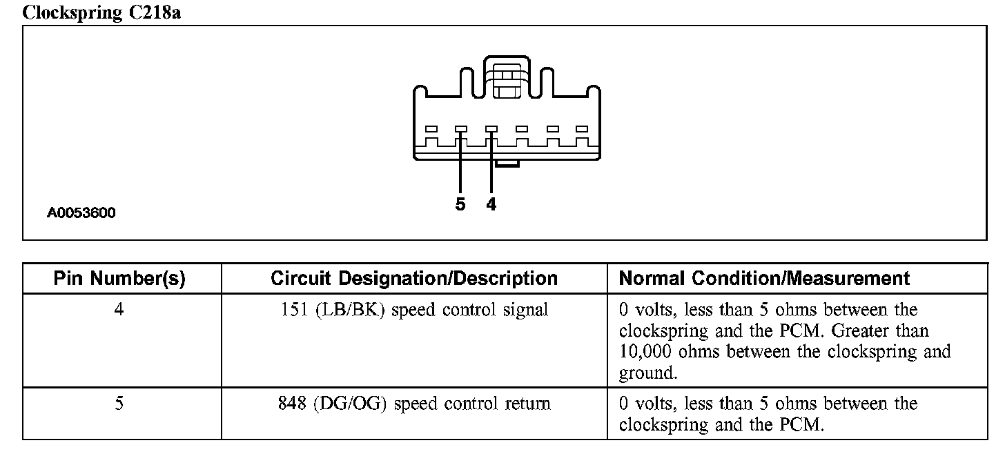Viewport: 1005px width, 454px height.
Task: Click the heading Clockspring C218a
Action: tap(102, 12)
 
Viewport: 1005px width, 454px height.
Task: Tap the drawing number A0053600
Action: tap(81, 213)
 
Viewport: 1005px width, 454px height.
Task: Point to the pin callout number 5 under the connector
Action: tap(460, 204)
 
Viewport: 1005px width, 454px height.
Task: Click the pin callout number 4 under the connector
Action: tap(491, 204)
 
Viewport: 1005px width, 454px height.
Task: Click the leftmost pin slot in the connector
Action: tap(431, 129)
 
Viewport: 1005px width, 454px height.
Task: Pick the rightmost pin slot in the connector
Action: tap(581, 129)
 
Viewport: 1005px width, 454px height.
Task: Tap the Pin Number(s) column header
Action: tap(120, 279)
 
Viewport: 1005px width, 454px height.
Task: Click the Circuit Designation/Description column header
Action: tap(414, 279)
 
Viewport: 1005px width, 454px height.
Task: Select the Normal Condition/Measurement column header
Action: tap(765, 279)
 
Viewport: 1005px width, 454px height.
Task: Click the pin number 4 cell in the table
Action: tap(119, 310)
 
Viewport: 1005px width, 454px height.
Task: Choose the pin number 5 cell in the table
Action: tap(119, 403)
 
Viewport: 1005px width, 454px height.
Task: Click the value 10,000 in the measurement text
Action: tap(645, 352)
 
